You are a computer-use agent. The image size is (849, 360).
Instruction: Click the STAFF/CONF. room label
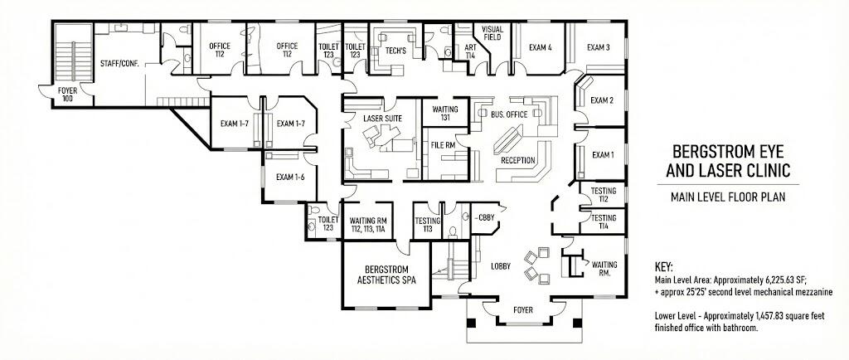[118, 62]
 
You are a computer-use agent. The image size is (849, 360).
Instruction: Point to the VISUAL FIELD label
[492, 33]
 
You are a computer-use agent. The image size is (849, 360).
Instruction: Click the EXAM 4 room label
[540, 47]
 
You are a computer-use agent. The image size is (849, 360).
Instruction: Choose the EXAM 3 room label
[599, 47]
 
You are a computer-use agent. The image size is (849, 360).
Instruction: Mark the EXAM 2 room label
[602, 101]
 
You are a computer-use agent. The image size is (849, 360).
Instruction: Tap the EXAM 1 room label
[602, 155]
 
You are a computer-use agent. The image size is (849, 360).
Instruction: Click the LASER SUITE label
[382, 119]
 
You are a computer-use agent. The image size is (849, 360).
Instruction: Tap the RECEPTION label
[517, 160]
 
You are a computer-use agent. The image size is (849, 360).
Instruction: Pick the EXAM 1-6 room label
[290, 177]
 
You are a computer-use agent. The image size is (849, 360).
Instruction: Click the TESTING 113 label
[427, 224]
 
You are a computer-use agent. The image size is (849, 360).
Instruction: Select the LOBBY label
[500, 266]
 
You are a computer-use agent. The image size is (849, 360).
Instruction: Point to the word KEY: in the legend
[665, 267]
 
